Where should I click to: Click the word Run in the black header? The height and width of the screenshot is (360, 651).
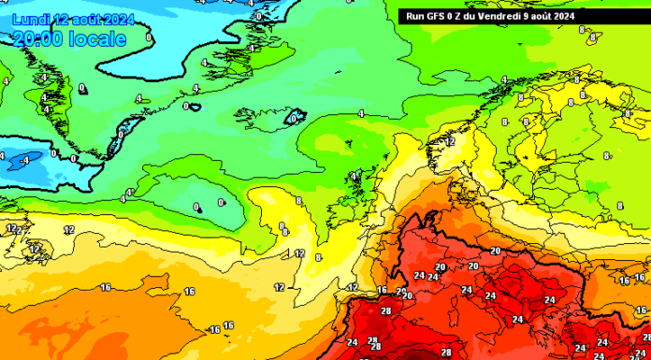click(x=413, y=15)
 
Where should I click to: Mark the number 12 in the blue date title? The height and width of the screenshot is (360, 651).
click(x=62, y=19)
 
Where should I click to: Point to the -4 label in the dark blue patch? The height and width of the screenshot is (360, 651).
click(x=25, y=160)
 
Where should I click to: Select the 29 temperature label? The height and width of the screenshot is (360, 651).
click(x=401, y=292)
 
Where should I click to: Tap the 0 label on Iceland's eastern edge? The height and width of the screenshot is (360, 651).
click(x=296, y=119)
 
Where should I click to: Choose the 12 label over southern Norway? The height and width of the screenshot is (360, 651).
click(x=450, y=141)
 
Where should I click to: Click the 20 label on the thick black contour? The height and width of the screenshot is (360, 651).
click(x=495, y=251)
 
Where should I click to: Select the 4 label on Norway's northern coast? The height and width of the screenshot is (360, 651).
click(x=504, y=79)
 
